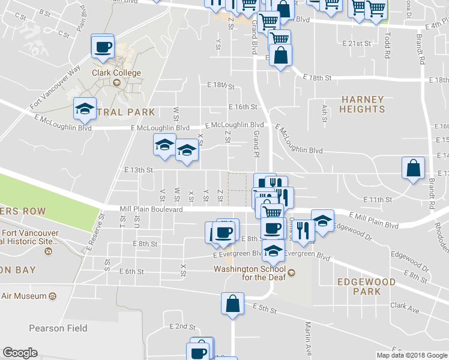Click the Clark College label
tap(116, 73)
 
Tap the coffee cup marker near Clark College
tap(103, 46)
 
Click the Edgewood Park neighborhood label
tap(366, 287)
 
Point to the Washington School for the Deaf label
tap(252, 273)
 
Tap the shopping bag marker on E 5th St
tap(232, 304)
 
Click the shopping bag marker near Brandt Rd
tap(414, 169)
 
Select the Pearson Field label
tap(58, 328)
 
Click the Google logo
tap(20, 353)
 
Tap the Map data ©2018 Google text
tap(411, 355)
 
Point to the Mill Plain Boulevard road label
tap(151, 209)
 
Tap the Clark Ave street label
tap(405, 306)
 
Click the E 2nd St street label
tap(182, 326)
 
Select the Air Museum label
tap(24, 296)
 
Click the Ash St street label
tap(325, 113)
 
